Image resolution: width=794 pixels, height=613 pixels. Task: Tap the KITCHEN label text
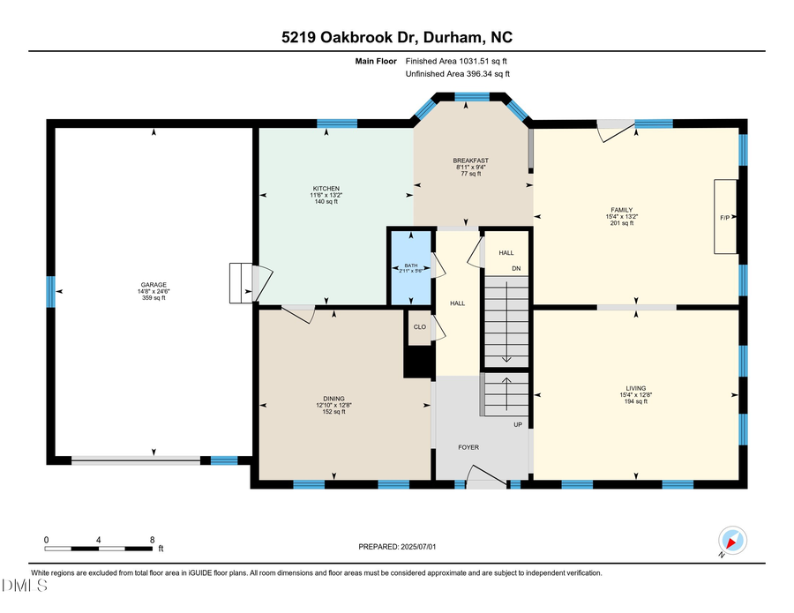(x=326, y=189)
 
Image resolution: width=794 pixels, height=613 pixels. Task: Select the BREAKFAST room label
(x=471, y=161)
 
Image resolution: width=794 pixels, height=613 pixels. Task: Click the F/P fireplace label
(x=725, y=216)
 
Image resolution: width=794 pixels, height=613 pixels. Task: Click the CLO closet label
(x=420, y=326)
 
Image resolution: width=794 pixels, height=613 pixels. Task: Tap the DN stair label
(x=516, y=268)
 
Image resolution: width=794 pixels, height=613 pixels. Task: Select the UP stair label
(x=518, y=424)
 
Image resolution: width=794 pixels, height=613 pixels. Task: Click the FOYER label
(x=468, y=447)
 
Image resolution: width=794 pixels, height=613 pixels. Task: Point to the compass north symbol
(x=732, y=541)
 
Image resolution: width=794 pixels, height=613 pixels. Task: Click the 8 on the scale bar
(x=153, y=539)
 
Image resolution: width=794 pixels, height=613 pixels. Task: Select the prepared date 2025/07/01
(x=416, y=547)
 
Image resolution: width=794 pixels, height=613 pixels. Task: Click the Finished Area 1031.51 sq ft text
(x=456, y=62)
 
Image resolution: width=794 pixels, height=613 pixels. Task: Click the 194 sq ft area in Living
(x=635, y=401)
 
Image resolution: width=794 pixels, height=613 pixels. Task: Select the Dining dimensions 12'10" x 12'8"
(x=334, y=405)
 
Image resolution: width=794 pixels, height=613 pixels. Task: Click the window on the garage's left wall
(x=50, y=287)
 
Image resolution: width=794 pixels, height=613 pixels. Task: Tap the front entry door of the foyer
(x=486, y=482)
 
